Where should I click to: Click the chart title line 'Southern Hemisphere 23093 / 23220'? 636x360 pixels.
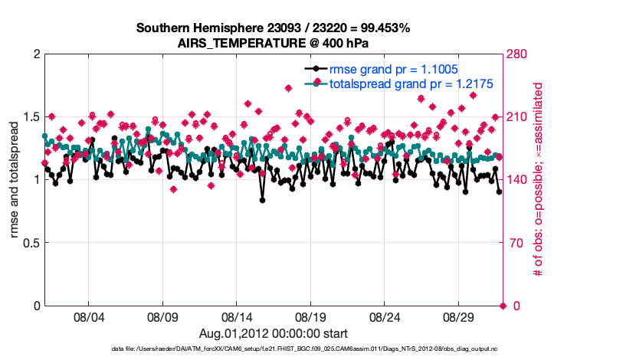tap(274, 28)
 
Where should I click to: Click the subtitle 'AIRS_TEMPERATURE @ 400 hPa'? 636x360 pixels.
tap(274, 43)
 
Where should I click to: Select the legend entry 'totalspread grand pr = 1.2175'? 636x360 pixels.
tap(410, 83)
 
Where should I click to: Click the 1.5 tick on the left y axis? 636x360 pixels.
tap(29, 117)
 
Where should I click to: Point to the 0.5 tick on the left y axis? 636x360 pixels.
tap(29, 243)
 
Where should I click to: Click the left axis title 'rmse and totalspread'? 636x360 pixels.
tap(15, 180)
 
